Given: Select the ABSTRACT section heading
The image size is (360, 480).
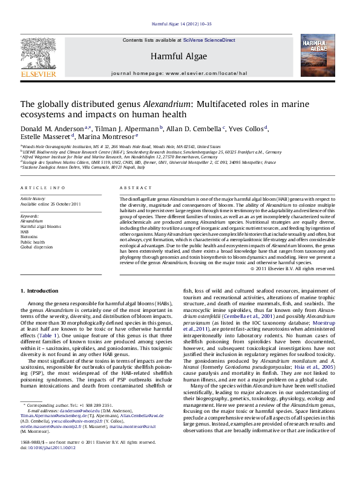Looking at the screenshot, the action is (x=135, y=189).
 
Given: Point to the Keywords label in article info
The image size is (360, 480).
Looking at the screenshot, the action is (x=29, y=215).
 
